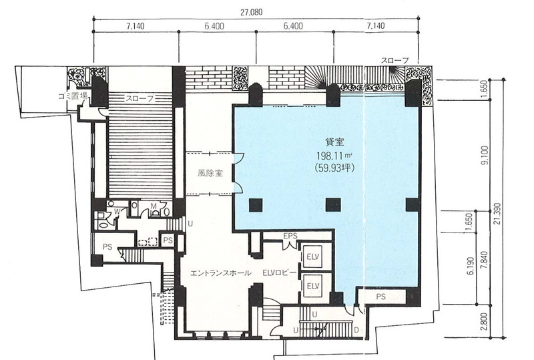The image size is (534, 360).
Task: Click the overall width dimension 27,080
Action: point(252,13)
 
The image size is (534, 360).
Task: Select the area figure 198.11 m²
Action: point(334,156)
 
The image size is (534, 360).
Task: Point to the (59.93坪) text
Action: point(335,168)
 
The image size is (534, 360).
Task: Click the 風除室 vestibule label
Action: point(210,173)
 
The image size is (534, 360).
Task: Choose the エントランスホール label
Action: point(220,273)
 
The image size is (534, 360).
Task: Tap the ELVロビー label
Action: point(279,273)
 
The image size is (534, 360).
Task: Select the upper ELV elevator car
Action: point(312,256)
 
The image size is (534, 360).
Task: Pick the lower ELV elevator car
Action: point(312,286)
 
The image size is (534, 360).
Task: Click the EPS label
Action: point(290,236)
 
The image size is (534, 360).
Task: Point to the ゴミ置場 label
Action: point(73,96)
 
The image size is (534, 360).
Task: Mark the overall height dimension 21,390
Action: point(497,214)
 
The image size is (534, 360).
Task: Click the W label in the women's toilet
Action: point(117,212)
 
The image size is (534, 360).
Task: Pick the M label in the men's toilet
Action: point(154,206)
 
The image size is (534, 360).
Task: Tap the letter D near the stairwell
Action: point(356,330)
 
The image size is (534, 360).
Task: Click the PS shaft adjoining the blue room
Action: point(381,297)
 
